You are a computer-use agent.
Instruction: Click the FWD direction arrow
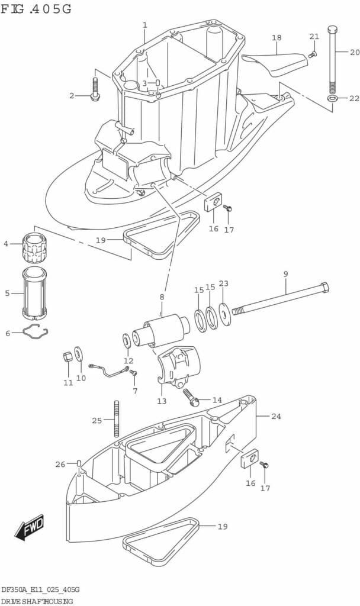point(30,527)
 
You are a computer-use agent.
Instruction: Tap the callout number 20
point(355,52)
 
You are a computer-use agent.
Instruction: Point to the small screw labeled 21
point(313,54)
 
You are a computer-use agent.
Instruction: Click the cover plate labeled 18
point(275,63)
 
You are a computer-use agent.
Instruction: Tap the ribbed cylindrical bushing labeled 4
point(34,248)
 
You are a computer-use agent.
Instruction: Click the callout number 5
point(7,294)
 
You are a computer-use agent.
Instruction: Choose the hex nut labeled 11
point(67,356)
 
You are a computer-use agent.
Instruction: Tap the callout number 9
point(286,274)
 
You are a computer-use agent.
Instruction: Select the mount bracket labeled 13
point(179,365)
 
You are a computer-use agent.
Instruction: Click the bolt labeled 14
point(191,398)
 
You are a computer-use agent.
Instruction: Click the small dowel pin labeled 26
point(79,463)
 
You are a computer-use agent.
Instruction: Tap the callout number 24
point(276,416)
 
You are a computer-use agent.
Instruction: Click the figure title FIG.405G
point(36,8)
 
